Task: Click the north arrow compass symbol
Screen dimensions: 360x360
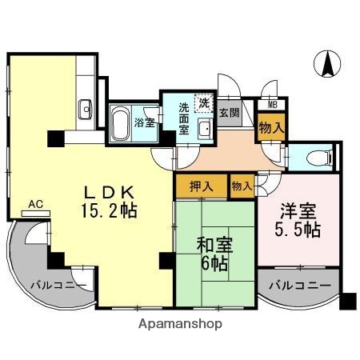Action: (326, 64)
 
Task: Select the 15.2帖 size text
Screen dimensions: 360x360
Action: (111, 212)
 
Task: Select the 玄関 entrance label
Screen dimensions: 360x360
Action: (230, 113)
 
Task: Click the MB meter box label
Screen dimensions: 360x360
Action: (272, 104)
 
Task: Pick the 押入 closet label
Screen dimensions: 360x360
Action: (202, 186)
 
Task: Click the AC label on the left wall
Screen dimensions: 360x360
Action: (35, 205)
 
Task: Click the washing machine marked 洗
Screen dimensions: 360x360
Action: (205, 102)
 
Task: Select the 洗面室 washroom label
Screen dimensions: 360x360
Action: (184, 118)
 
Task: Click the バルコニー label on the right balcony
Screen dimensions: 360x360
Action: (299, 285)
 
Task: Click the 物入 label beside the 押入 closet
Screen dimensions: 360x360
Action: (242, 186)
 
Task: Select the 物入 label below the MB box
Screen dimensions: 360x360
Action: (271, 126)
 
